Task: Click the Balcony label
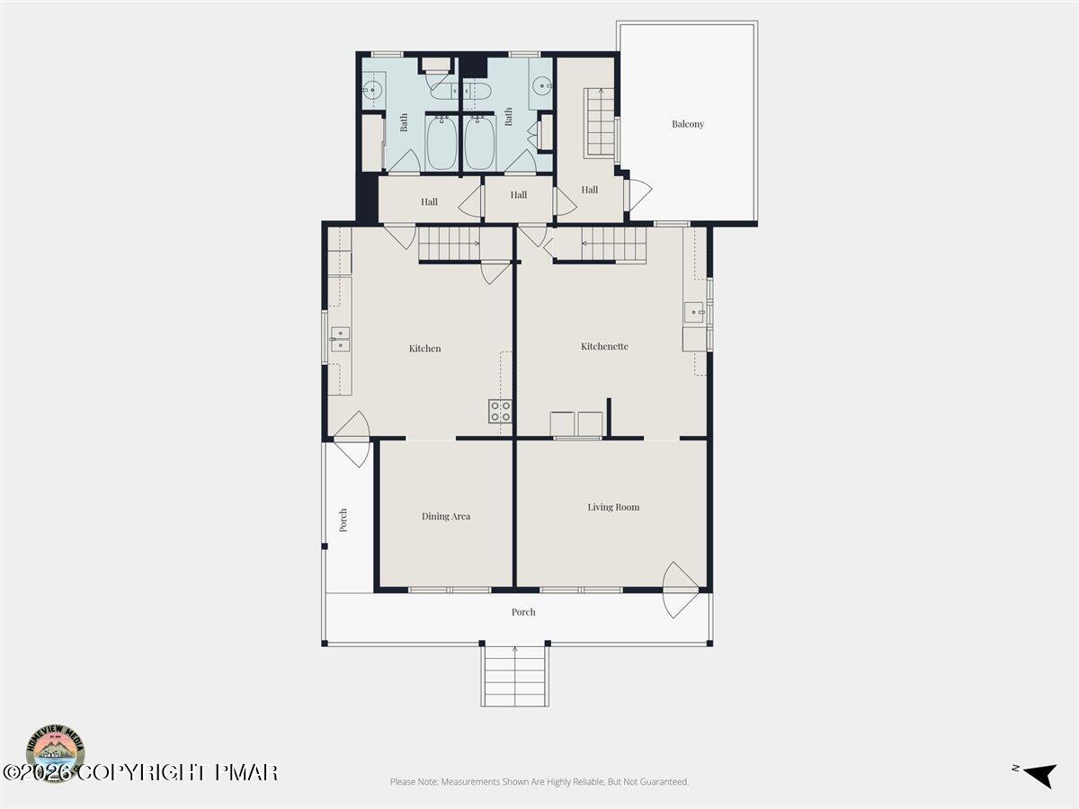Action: coord(688,124)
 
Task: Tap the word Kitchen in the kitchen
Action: coord(425,349)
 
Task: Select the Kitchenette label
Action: coord(604,346)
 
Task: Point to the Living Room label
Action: coord(613,507)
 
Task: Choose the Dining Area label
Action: coord(446,516)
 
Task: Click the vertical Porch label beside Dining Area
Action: coord(343,520)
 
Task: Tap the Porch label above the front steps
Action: coord(523,612)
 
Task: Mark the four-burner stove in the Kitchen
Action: coord(501,412)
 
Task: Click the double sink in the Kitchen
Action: coord(340,339)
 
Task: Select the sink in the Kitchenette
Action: coord(693,313)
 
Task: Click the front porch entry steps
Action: coord(514,676)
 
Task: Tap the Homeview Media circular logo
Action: coord(56,752)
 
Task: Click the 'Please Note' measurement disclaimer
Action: coord(539,782)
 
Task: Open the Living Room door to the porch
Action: coord(680,589)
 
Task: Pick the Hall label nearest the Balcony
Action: coord(590,190)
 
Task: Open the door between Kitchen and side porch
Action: coord(352,439)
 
